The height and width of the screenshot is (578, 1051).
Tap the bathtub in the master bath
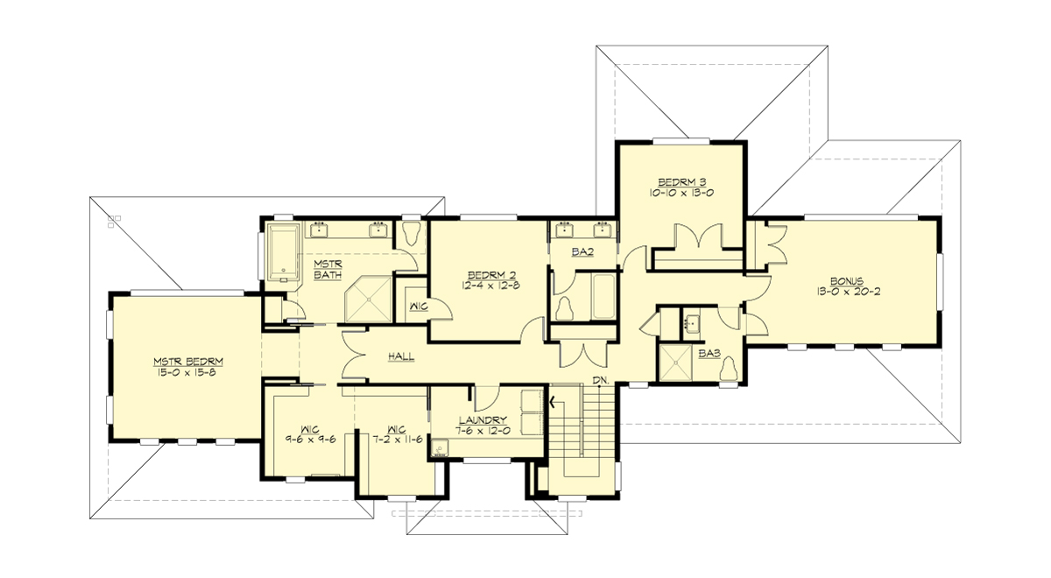click(x=282, y=253)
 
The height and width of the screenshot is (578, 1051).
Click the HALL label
click(x=400, y=357)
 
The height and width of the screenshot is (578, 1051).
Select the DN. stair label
click(x=600, y=380)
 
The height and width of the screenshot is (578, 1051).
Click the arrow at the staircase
click(x=554, y=402)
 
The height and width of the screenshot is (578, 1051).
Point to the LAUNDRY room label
click(x=483, y=419)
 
